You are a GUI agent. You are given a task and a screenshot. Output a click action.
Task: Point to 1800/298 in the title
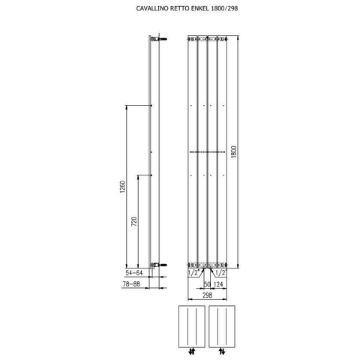224,8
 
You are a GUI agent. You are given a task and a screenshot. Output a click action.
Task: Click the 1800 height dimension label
234,152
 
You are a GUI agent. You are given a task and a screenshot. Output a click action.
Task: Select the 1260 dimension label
122,187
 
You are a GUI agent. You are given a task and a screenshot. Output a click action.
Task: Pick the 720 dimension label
134,221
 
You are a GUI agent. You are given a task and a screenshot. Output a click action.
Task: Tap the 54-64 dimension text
134,273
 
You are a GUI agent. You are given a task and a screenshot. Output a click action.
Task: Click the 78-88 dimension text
131,284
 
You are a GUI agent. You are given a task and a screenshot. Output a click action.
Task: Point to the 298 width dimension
207,295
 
